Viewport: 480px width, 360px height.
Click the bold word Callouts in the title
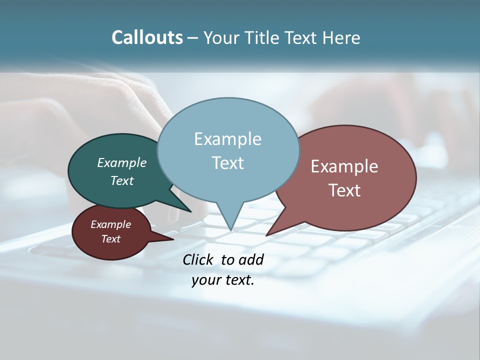click(x=147, y=37)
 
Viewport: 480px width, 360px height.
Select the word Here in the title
click(x=341, y=37)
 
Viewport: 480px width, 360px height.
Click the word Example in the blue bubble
click(x=227, y=139)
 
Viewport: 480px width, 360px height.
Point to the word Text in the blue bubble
click(x=227, y=163)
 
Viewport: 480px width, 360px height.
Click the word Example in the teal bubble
click(x=121, y=162)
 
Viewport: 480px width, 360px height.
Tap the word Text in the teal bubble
click(x=122, y=180)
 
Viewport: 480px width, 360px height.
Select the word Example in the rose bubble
click(x=344, y=166)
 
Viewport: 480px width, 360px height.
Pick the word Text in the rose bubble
click(x=344, y=190)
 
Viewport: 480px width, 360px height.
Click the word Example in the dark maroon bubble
click(x=110, y=224)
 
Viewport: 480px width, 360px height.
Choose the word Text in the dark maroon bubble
click(x=111, y=239)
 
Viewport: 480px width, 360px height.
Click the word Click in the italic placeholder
click(x=198, y=259)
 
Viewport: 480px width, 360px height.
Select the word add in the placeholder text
click(x=251, y=259)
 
